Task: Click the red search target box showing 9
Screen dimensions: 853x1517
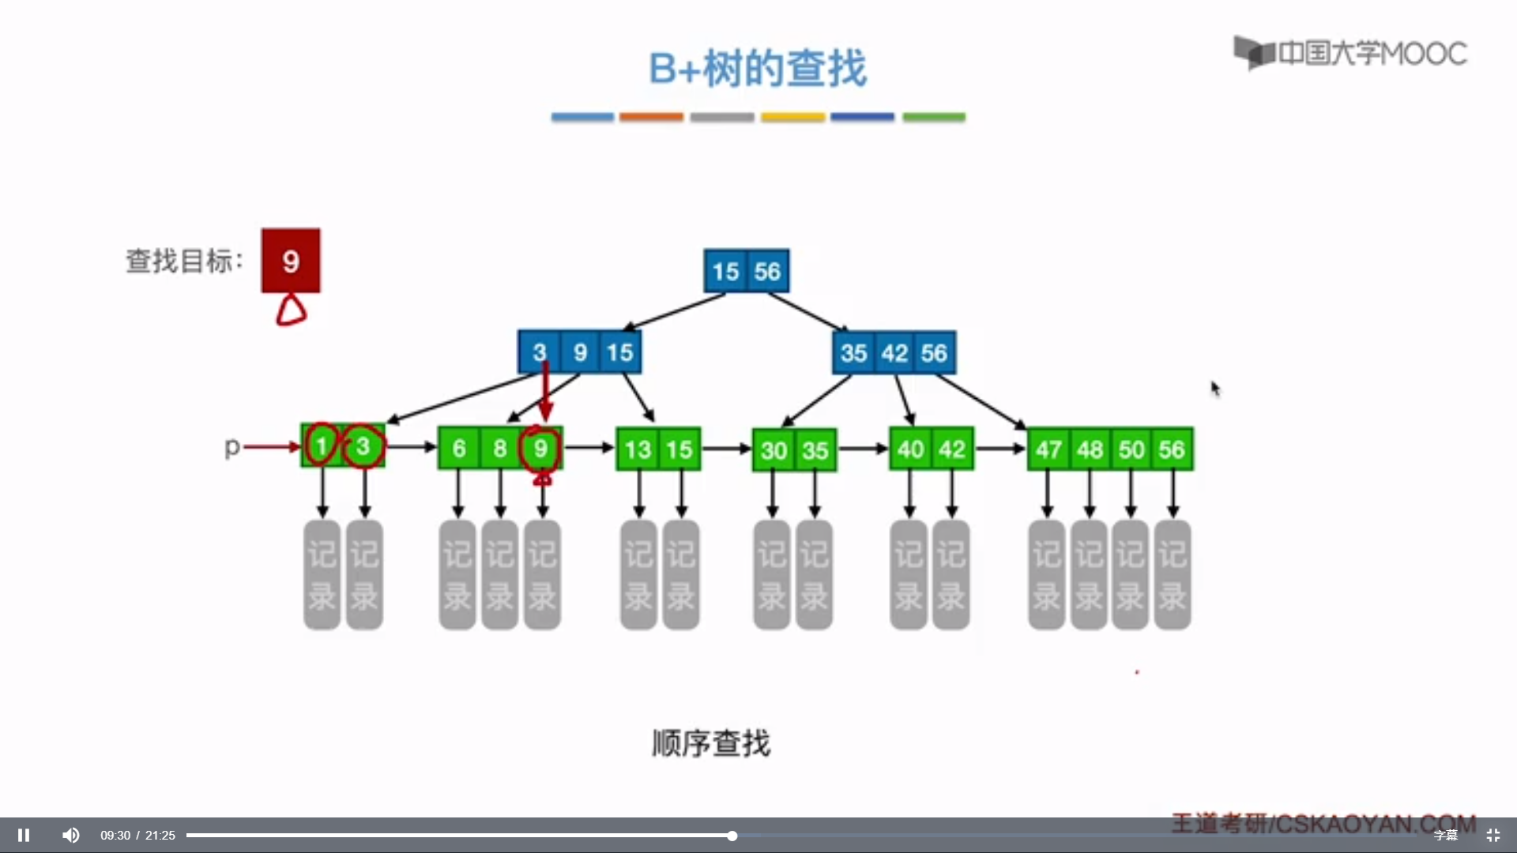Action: point(291,261)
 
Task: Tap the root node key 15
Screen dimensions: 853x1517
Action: point(725,272)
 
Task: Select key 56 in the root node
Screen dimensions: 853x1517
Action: point(767,272)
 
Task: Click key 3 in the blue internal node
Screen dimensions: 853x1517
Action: point(540,352)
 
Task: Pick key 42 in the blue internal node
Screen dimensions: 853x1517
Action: point(894,353)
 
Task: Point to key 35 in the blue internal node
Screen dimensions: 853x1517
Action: point(853,353)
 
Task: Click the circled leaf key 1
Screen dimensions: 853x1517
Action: point(322,446)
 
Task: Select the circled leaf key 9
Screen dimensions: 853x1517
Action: point(540,449)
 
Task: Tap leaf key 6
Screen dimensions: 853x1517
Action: point(459,449)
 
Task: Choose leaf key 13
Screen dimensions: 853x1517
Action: point(637,450)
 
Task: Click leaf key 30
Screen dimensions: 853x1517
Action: point(774,451)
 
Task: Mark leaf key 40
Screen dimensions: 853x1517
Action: point(910,449)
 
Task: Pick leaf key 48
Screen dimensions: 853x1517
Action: point(1090,450)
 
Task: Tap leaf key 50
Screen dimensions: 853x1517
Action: point(1131,450)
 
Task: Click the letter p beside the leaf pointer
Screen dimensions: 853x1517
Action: point(232,447)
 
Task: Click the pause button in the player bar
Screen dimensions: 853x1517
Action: point(24,835)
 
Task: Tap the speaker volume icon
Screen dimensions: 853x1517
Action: point(71,835)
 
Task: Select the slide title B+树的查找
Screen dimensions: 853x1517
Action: point(758,68)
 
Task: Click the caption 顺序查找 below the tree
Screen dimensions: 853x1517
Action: point(711,743)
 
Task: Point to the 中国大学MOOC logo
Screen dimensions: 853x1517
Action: point(1350,53)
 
